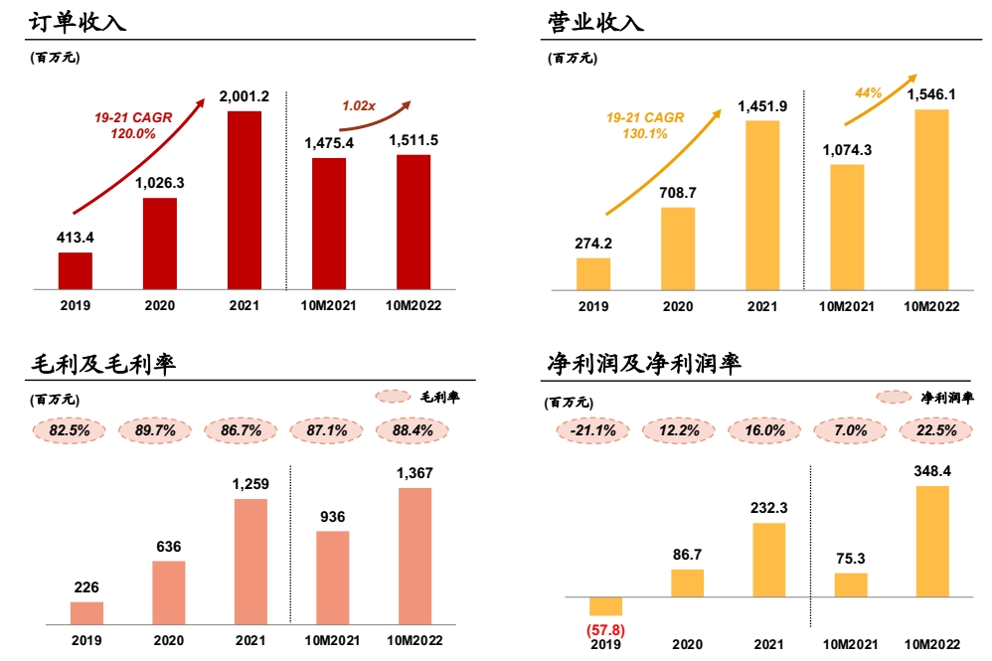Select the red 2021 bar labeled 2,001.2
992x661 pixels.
point(245,200)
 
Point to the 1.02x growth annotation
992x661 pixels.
point(358,104)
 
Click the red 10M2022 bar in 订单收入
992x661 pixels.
point(413,222)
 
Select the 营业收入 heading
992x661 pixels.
point(595,21)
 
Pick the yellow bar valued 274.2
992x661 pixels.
point(593,273)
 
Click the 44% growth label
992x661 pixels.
point(869,92)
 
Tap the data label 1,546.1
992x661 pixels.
point(931,94)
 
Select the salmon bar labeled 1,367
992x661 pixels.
point(414,556)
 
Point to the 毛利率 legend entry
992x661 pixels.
point(417,398)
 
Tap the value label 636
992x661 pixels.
point(168,547)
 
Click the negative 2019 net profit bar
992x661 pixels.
point(605,606)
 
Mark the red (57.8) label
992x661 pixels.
point(605,629)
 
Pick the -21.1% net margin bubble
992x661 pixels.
point(593,430)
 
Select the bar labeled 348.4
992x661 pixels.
point(931,541)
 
